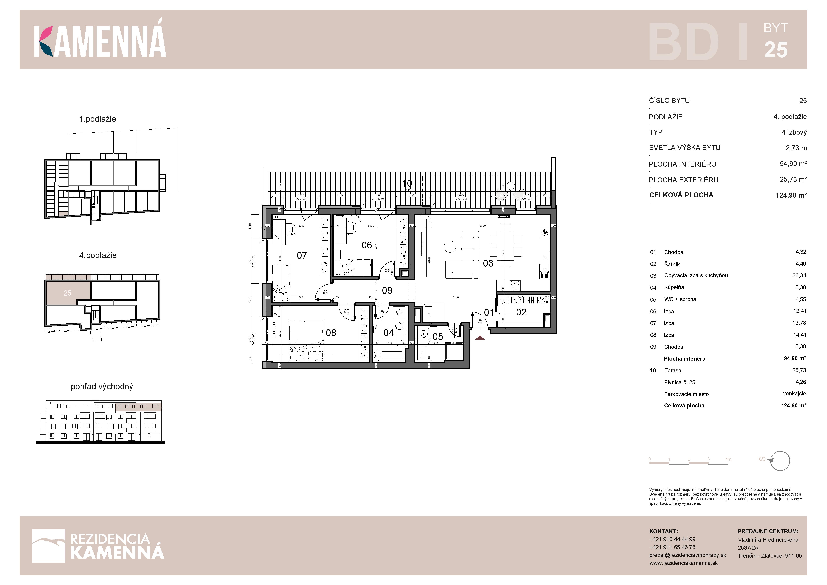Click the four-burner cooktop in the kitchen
(x=515, y=286)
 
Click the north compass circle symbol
(x=780, y=461)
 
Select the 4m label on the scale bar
(x=728, y=459)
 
